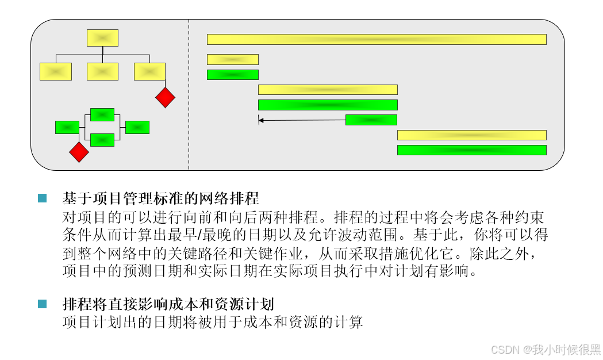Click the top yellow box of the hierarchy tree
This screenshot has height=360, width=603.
[102, 38]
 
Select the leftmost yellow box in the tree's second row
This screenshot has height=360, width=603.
[56, 71]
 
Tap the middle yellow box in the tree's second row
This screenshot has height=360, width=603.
[102, 71]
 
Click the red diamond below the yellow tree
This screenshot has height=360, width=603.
[165, 97]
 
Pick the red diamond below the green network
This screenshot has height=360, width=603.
[79, 152]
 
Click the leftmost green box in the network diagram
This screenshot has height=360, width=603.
[67, 127]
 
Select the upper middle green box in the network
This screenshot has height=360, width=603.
[102, 114]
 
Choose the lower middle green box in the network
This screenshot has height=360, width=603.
[102, 140]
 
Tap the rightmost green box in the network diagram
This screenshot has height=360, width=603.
[137, 127]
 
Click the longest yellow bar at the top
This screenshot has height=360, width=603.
[377, 39]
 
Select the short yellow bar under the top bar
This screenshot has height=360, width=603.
[232, 59]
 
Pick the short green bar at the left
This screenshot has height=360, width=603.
[232, 75]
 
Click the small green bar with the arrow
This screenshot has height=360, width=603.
[371, 120]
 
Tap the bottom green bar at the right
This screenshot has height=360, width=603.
[471, 150]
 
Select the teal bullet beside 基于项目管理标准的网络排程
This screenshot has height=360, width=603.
[42, 198]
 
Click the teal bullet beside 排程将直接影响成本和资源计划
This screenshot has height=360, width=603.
[42, 304]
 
